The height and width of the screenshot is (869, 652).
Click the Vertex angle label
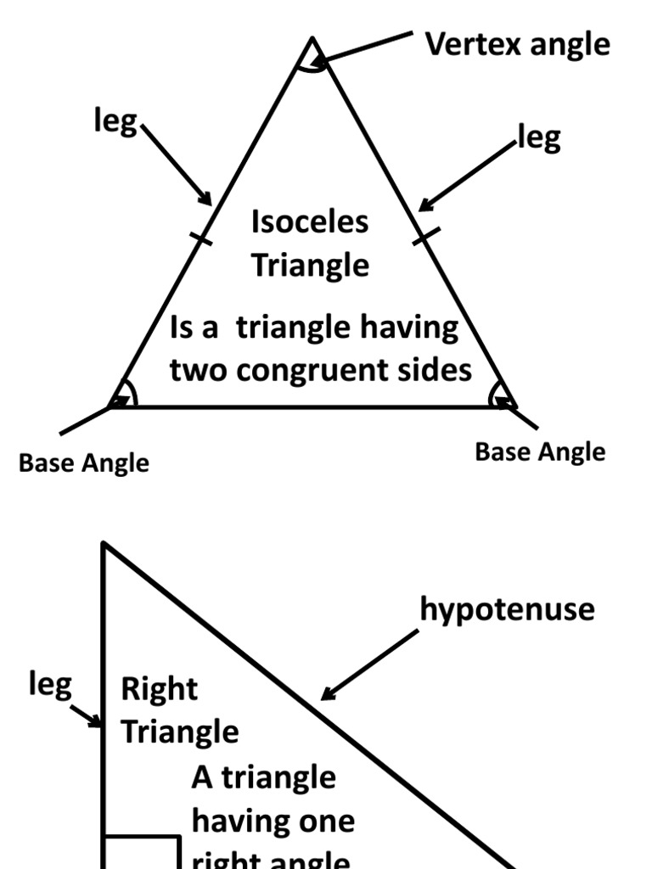pos(517,44)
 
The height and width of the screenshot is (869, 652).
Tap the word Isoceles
pos(310,222)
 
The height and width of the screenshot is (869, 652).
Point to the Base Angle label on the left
pos(83,463)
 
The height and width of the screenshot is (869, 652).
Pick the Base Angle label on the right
pos(540,452)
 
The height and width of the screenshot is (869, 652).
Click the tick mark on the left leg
pos(201,239)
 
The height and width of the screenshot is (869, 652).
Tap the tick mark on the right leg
pos(426,235)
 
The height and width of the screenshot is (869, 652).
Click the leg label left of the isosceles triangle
pos(115,123)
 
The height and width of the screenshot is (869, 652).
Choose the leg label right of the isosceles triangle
pos(539,138)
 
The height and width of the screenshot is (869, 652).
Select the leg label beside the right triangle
pos(50,685)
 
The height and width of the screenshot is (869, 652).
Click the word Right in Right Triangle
pos(160,689)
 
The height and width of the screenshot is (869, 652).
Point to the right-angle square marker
pos(142,852)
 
